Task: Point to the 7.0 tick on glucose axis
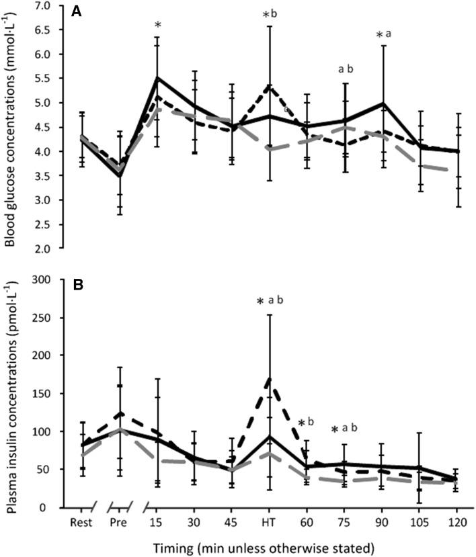coord(52,6)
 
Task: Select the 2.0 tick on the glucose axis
coord(52,249)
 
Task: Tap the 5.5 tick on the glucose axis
coord(52,79)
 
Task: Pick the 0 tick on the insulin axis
coord(58,507)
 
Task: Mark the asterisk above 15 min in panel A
coord(157,27)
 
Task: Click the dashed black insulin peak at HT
coord(270,378)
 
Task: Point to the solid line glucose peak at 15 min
coord(157,78)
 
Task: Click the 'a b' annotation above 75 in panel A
coord(346,69)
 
